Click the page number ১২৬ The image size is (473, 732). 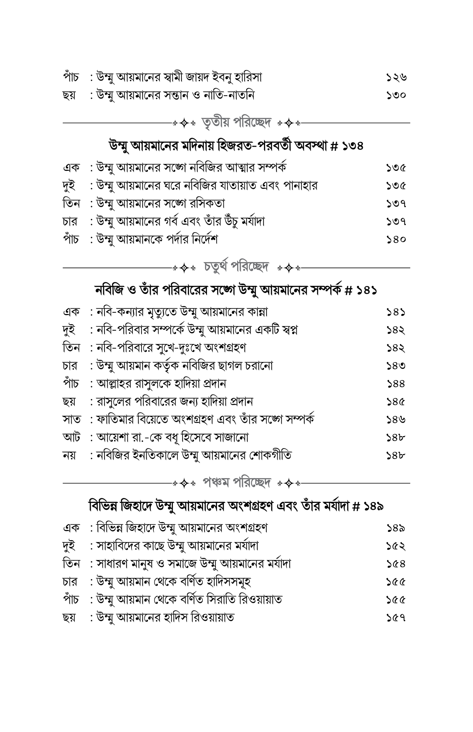396,77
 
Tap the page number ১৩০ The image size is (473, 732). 396,95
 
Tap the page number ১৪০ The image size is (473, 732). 396,239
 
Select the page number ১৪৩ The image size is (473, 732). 396,366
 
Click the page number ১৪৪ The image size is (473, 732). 396,384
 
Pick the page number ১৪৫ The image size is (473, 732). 396,401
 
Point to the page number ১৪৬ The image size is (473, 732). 396,419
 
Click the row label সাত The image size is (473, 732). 72,419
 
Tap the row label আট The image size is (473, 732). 71,437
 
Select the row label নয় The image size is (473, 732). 69,455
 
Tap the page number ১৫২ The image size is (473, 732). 396,546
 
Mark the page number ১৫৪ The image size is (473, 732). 396,564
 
